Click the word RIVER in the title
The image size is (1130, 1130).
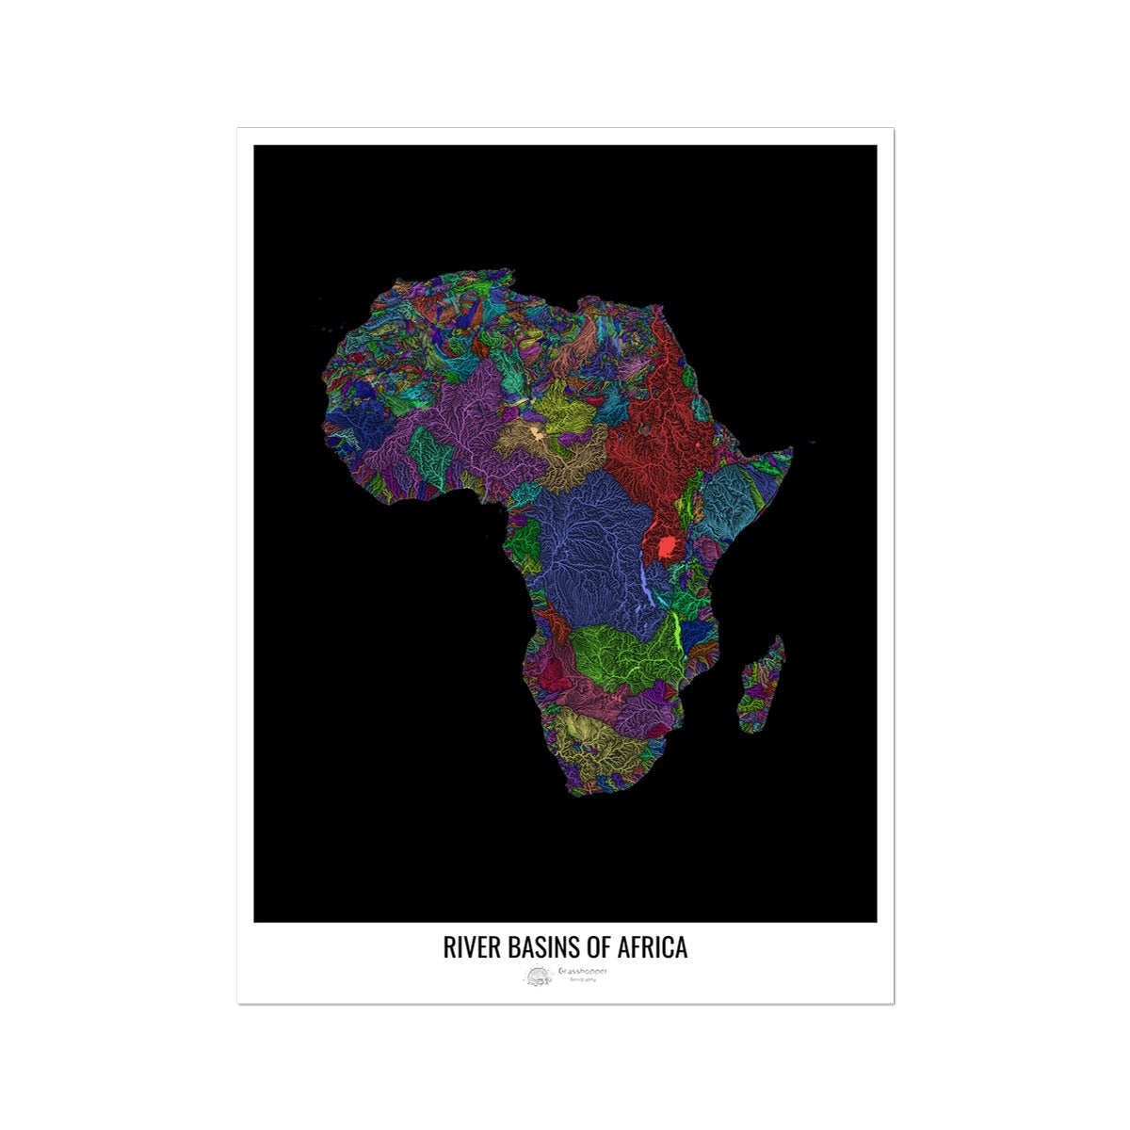468,947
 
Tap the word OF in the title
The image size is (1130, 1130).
600,947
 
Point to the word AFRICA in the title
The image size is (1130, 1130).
654,947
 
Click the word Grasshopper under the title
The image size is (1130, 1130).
582,971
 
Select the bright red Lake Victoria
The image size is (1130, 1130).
668,546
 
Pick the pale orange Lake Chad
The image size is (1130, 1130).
536,434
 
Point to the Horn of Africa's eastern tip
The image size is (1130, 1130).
791,450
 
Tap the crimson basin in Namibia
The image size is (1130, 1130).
554,673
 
